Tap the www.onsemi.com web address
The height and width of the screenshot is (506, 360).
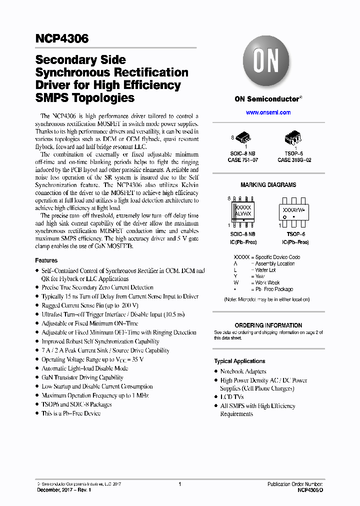pos(268,112)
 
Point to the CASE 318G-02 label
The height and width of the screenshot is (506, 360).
pos(294,160)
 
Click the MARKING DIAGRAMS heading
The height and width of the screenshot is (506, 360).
pos(268,185)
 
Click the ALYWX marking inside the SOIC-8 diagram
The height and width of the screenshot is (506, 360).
pos(243,213)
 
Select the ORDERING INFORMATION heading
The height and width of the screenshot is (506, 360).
pos(268,325)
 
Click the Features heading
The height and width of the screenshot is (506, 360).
pos(46,260)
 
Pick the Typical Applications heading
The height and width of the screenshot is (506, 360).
pos(239,361)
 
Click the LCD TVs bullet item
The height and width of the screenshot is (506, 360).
pos(232,396)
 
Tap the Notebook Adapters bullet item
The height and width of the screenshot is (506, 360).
pos(243,371)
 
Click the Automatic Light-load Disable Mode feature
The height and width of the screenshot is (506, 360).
pos(84,368)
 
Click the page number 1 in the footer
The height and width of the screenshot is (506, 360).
pos(179,484)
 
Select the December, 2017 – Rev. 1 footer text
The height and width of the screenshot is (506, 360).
pos(64,490)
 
